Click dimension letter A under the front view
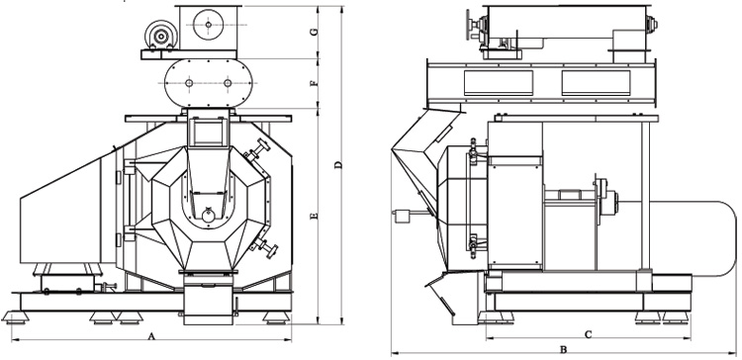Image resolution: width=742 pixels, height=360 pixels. pyautogui.click(x=151, y=336)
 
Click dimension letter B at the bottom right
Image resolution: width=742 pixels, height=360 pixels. pyautogui.click(x=564, y=349)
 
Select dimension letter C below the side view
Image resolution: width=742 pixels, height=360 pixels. pyautogui.click(x=589, y=334)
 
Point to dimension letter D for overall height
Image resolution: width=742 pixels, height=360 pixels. pyautogui.click(x=338, y=165)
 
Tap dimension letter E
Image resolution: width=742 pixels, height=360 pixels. pyautogui.click(x=314, y=217)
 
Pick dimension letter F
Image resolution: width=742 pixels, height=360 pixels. pyautogui.click(x=314, y=83)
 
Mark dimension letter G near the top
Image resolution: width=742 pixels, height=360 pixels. pyautogui.click(x=314, y=32)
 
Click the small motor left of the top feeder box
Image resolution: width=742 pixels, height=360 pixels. pyautogui.click(x=161, y=35)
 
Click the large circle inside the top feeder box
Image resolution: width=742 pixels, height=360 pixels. pyautogui.click(x=208, y=25)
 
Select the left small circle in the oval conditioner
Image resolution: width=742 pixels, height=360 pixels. pyautogui.click(x=189, y=83)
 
